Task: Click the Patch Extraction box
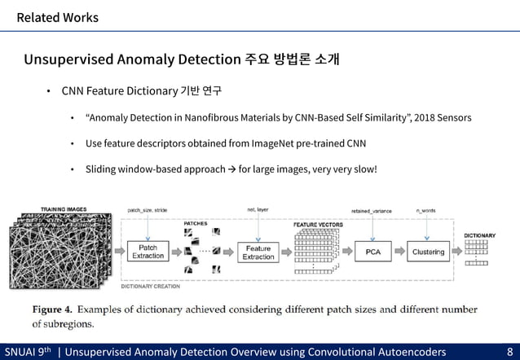pos(148,252)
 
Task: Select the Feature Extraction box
pos(258,252)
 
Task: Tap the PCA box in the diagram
pos(372,252)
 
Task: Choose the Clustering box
pos(428,252)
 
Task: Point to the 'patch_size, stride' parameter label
pos(148,210)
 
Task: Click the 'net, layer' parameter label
pos(258,210)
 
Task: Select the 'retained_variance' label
pos(371,211)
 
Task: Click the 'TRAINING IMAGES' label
pos(64,209)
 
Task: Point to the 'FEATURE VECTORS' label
pos(318,224)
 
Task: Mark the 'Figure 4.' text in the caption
pos(54,310)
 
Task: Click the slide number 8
pos(509,352)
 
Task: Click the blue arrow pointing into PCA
pos(348,252)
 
